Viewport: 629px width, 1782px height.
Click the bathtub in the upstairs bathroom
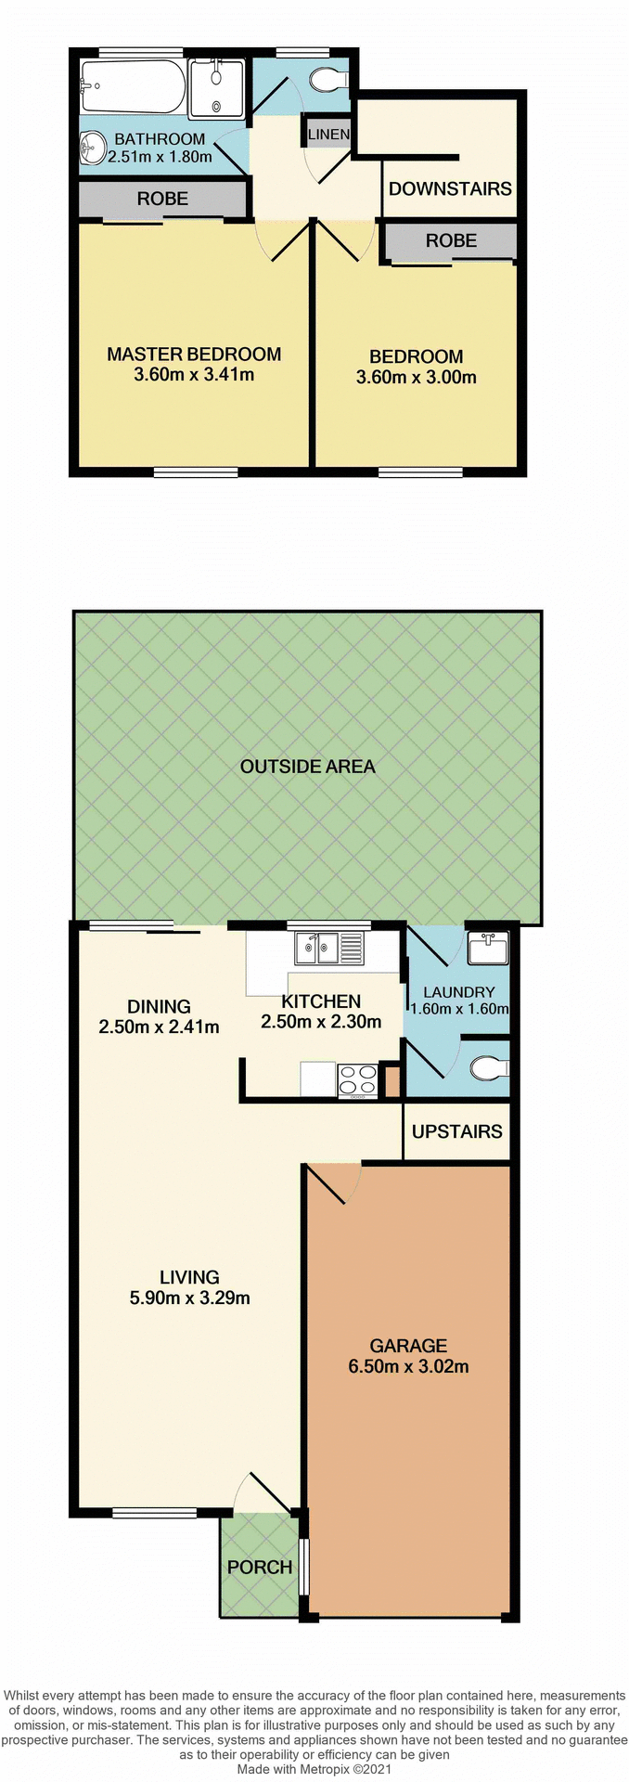click(134, 86)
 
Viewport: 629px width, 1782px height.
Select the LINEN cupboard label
click(328, 135)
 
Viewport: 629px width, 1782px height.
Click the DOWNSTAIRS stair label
click(450, 188)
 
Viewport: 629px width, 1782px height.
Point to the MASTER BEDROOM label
click(194, 354)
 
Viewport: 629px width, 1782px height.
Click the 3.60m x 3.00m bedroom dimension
click(417, 378)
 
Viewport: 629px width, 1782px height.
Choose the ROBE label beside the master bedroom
click(162, 199)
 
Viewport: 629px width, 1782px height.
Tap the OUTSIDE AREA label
click(307, 767)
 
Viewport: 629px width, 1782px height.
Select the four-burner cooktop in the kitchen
click(357, 1079)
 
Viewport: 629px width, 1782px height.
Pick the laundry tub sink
click(487, 949)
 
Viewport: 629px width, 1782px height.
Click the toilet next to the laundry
click(488, 1069)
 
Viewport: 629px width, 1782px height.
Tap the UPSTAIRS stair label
click(456, 1131)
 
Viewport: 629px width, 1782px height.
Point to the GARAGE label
click(408, 1345)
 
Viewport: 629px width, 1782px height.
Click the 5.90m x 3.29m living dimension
click(190, 1298)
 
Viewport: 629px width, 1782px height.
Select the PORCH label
click(260, 1567)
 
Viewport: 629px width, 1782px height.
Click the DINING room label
click(159, 1006)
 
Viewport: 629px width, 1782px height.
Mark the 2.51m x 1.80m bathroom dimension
click(160, 157)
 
